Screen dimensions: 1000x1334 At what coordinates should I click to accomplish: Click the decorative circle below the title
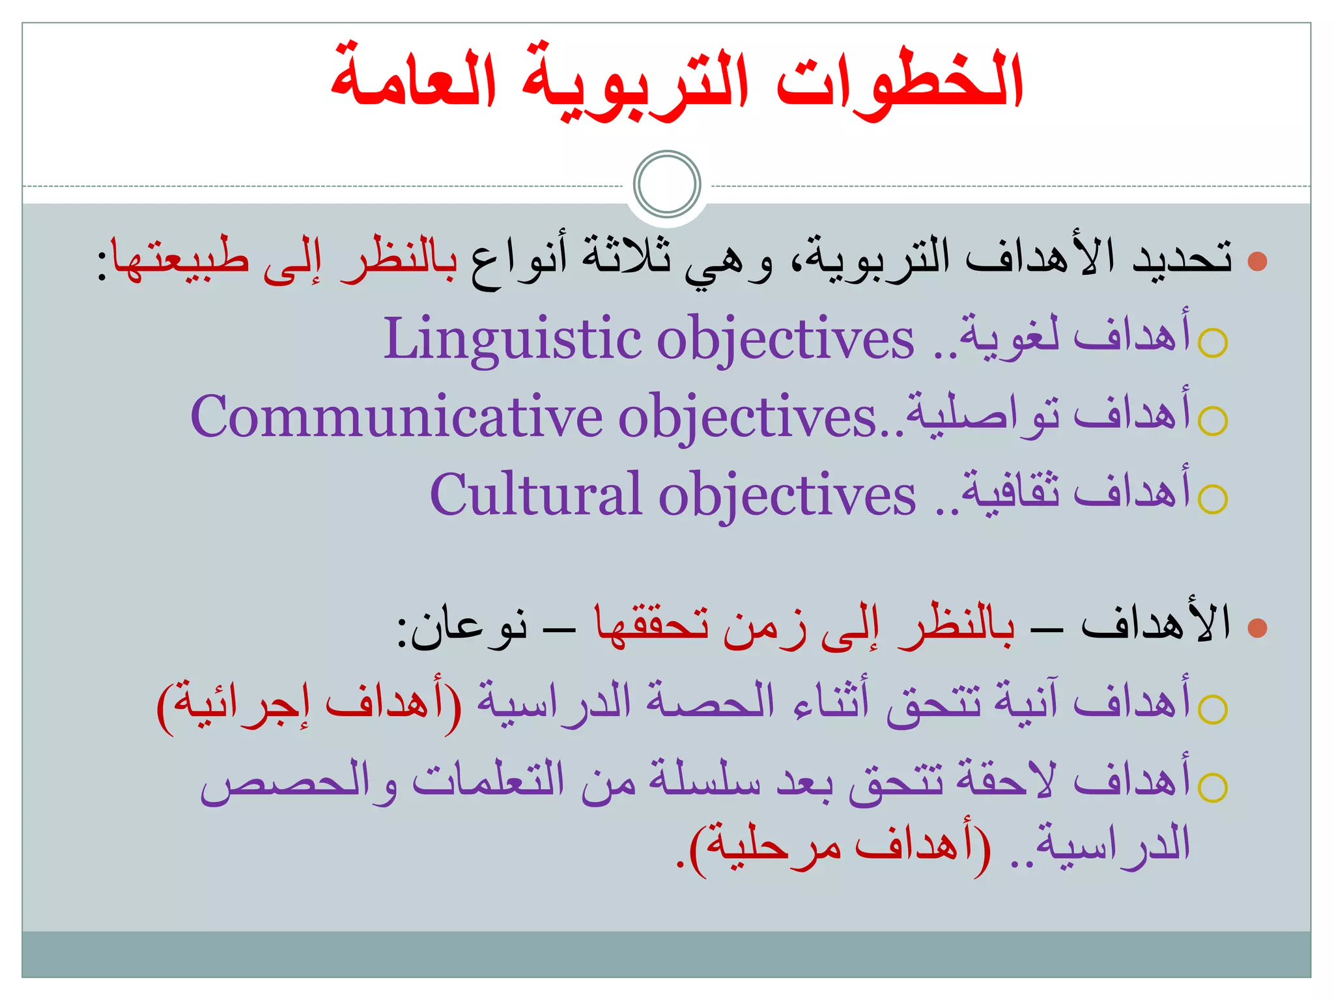pos(667,184)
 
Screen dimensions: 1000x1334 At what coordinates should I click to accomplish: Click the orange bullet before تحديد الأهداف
pos(1257,262)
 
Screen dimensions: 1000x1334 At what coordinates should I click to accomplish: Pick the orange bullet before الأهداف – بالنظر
pos(1257,628)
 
